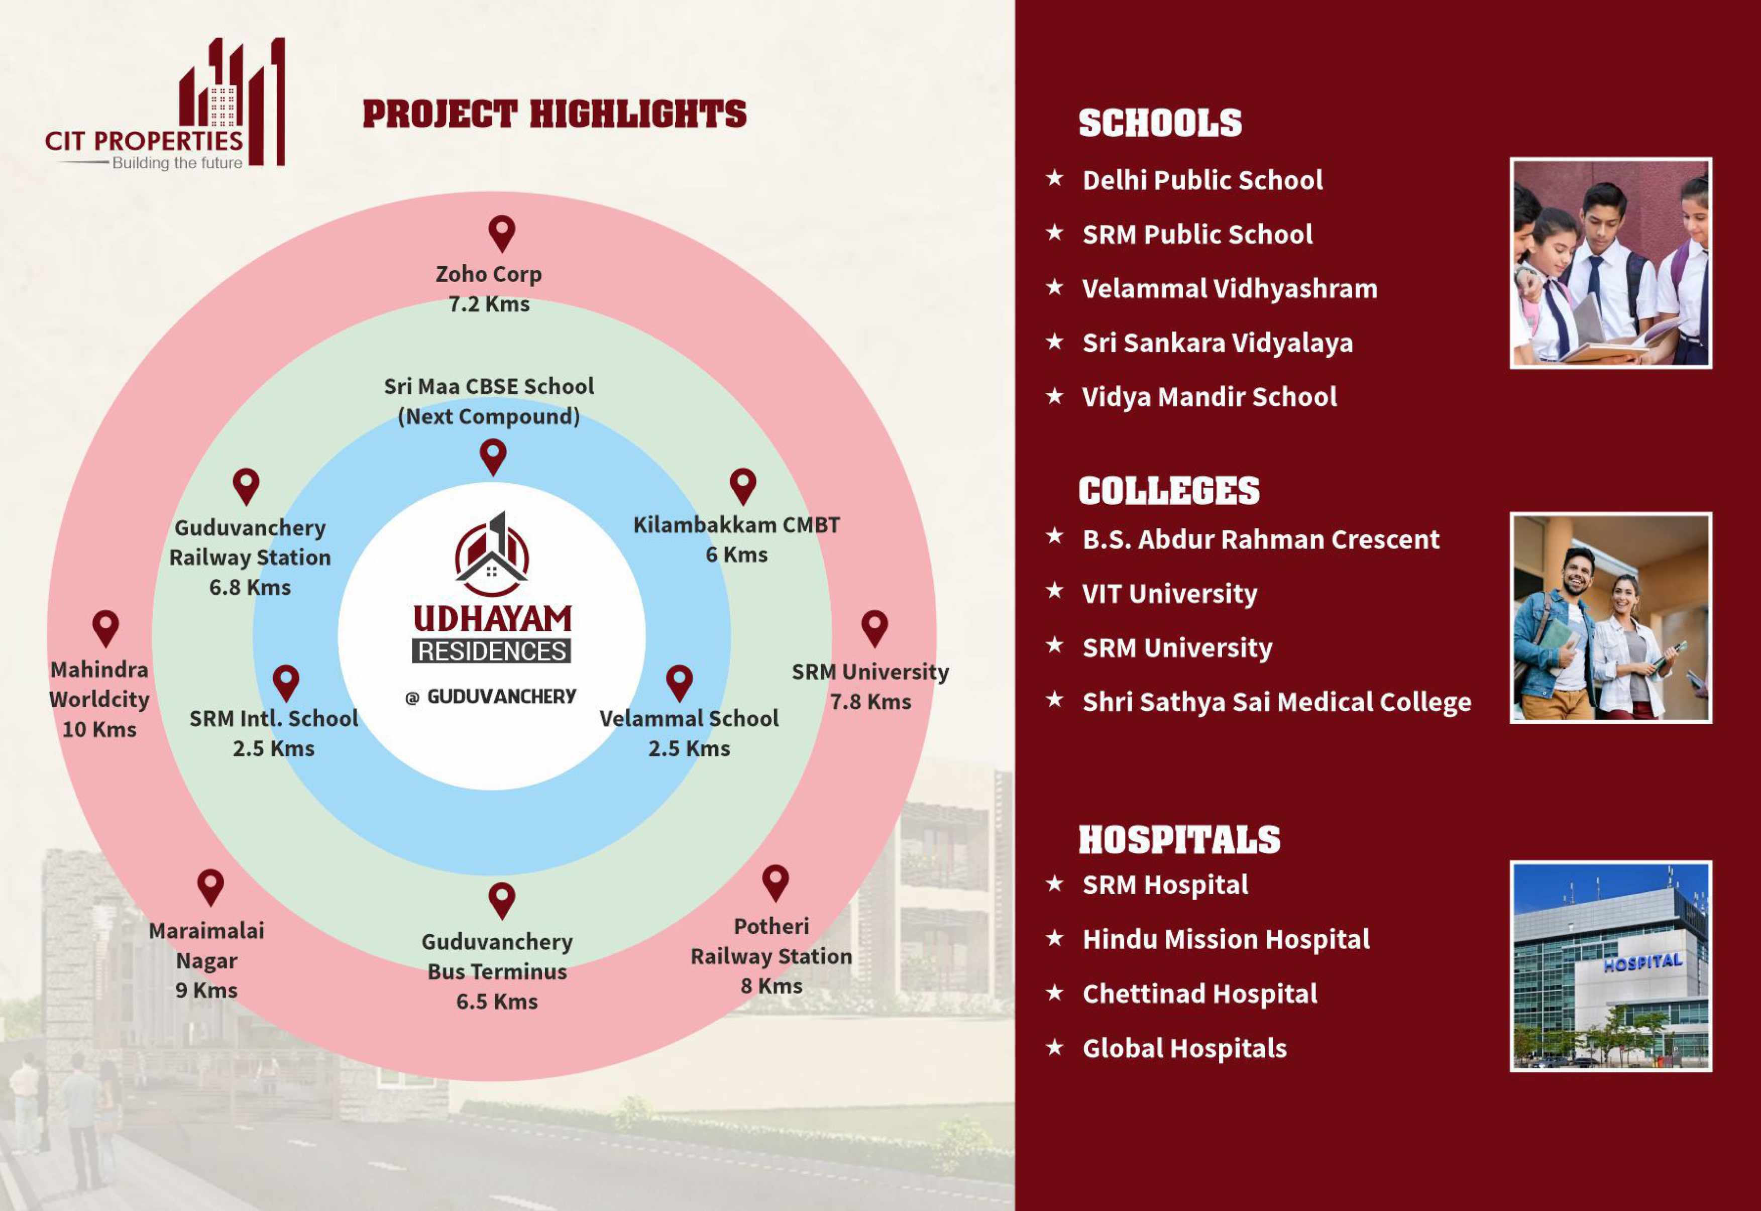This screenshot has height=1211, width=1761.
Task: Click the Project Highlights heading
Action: coord(555,114)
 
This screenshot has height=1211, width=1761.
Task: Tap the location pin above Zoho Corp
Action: coord(501,234)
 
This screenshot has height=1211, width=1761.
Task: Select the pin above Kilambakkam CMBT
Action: coord(743,486)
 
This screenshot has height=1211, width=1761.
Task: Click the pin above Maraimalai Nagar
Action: coord(210,888)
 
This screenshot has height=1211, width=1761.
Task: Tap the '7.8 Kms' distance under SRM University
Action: coord(870,702)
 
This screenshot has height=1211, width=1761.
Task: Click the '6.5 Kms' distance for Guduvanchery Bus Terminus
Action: coord(497,1002)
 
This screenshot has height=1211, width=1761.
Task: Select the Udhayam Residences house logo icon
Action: coord(492,554)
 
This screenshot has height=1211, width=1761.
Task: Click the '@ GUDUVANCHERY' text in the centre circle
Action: coord(491,697)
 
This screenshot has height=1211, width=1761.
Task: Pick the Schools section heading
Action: coord(1160,123)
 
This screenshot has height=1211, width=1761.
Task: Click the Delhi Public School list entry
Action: coord(1202,181)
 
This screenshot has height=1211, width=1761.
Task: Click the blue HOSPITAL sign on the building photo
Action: coord(1642,962)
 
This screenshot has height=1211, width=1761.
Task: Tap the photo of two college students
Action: coord(1611,618)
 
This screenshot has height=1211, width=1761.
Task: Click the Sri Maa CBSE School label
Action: coord(489,386)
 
